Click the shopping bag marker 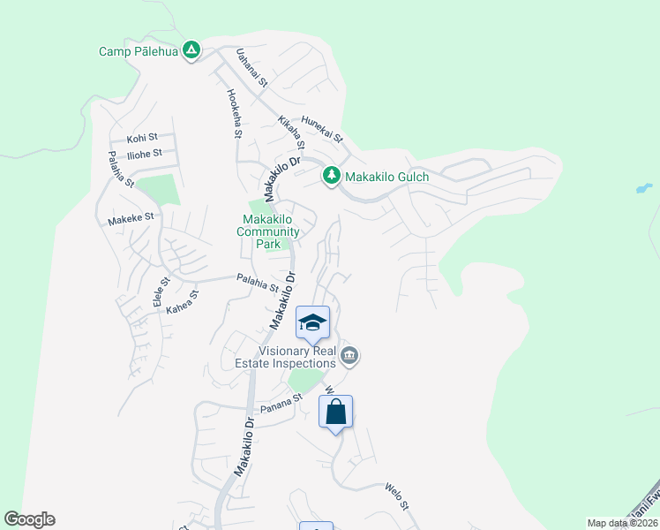(x=335, y=413)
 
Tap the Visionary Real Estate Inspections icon (x=349, y=356)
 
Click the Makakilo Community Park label (x=269, y=231)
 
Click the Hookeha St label (x=234, y=113)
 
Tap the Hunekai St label (x=321, y=131)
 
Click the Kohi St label (x=142, y=138)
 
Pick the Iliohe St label (x=145, y=153)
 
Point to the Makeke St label (x=131, y=217)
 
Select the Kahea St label (x=183, y=301)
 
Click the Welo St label (x=397, y=496)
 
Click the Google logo (x=29, y=519)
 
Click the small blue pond (x=643, y=188)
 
